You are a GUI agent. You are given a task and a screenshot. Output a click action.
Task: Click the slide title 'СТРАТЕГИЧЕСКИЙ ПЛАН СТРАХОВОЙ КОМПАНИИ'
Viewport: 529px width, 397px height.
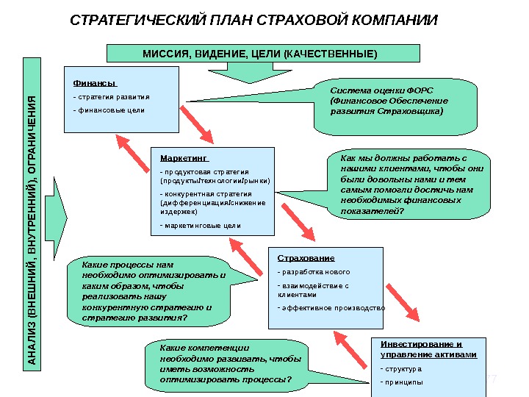pyautogui.click(x=253, y=18)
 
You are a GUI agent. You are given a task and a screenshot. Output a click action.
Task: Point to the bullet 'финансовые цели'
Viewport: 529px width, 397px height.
pyautogui.click(x=109, y=110)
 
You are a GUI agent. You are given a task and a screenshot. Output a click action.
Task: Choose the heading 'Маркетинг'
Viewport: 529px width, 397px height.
pyautogui.click(x=184, y=157)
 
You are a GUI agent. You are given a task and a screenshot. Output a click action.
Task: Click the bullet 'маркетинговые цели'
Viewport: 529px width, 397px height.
pyautogui.click(x=201, y=225)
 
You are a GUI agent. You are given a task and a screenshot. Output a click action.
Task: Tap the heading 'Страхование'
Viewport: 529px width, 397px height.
pyautogui.click(x=306, y=258)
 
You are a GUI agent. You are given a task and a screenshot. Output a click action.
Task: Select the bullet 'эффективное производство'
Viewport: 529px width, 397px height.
pyautogui.click(x=332, y=308)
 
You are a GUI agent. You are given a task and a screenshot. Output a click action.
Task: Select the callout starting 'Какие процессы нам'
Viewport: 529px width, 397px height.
pyautogui.click(x=154, y=291)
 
